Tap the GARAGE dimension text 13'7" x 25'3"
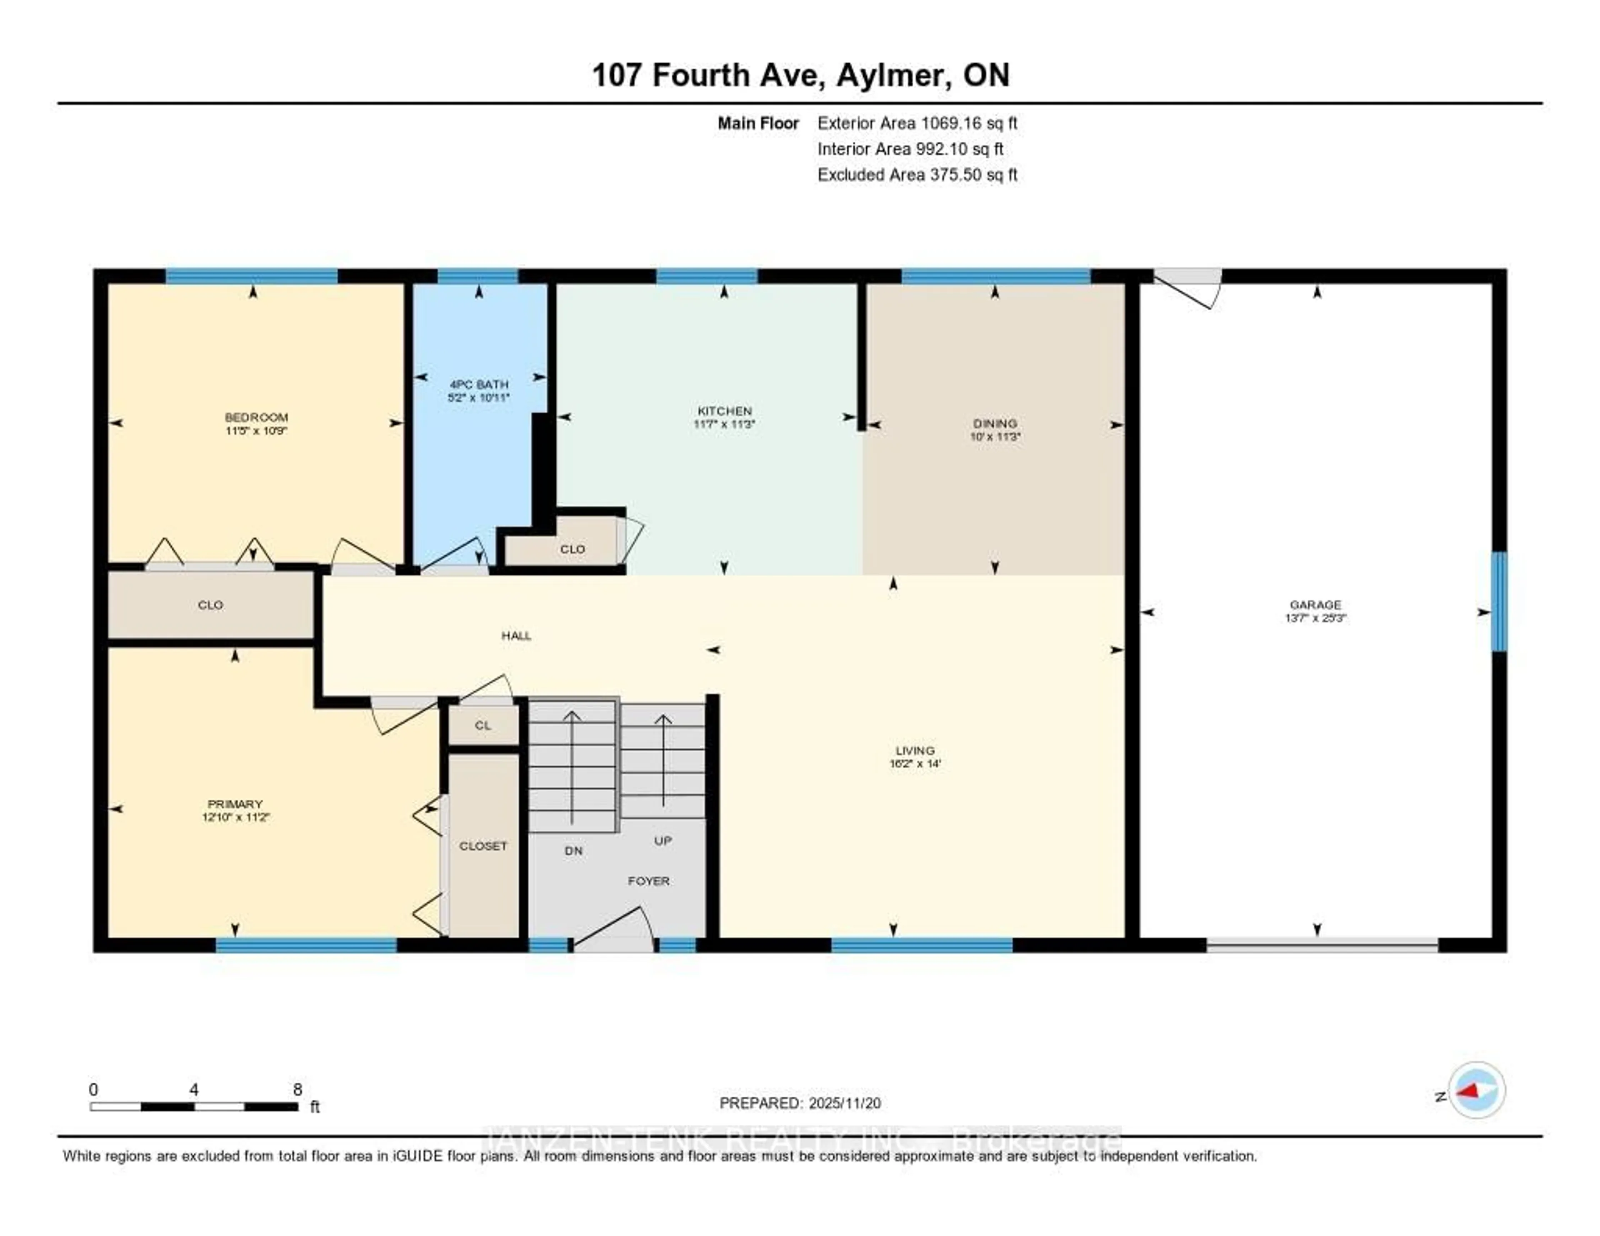[x=1316, y=618]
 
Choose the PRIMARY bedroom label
[x=235, y=804]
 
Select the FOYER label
[x=648, y=881]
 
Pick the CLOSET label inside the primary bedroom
[x=483, y=846]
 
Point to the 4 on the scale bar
[x=193, y=1089]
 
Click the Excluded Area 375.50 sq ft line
[x=917, y=174]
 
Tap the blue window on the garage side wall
[x=1499, y=601]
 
